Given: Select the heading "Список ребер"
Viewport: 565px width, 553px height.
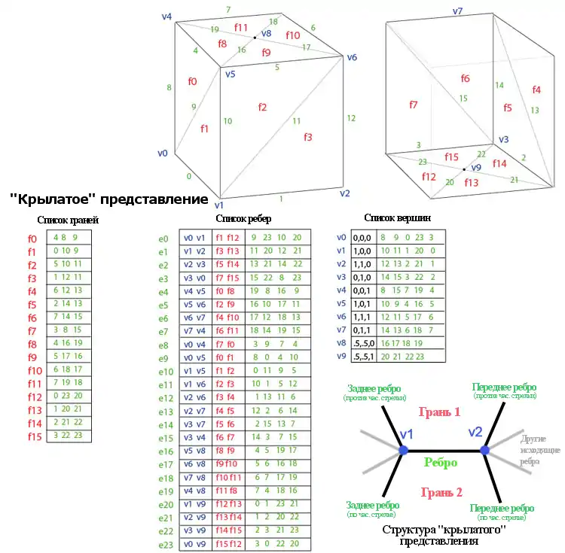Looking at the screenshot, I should point(243,218).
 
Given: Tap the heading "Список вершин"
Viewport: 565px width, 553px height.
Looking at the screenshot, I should point(397,217).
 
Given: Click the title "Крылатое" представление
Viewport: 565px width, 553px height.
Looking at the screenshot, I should point(108,199).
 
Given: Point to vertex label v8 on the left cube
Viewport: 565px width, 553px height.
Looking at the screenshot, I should point(265,34).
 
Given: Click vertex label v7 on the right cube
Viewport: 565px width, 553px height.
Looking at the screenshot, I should point(457,11).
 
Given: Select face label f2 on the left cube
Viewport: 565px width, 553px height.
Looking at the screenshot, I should point(262,108).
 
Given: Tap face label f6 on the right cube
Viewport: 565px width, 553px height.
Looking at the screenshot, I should point(465,78).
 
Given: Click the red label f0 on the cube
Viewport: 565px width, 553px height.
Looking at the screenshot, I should point(192,81).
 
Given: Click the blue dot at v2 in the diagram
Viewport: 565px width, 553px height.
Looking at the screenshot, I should point(485,450).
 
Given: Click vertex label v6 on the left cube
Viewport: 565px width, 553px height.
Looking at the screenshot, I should point(351,58).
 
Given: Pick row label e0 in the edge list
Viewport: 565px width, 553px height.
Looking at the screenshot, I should point(164,238).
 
